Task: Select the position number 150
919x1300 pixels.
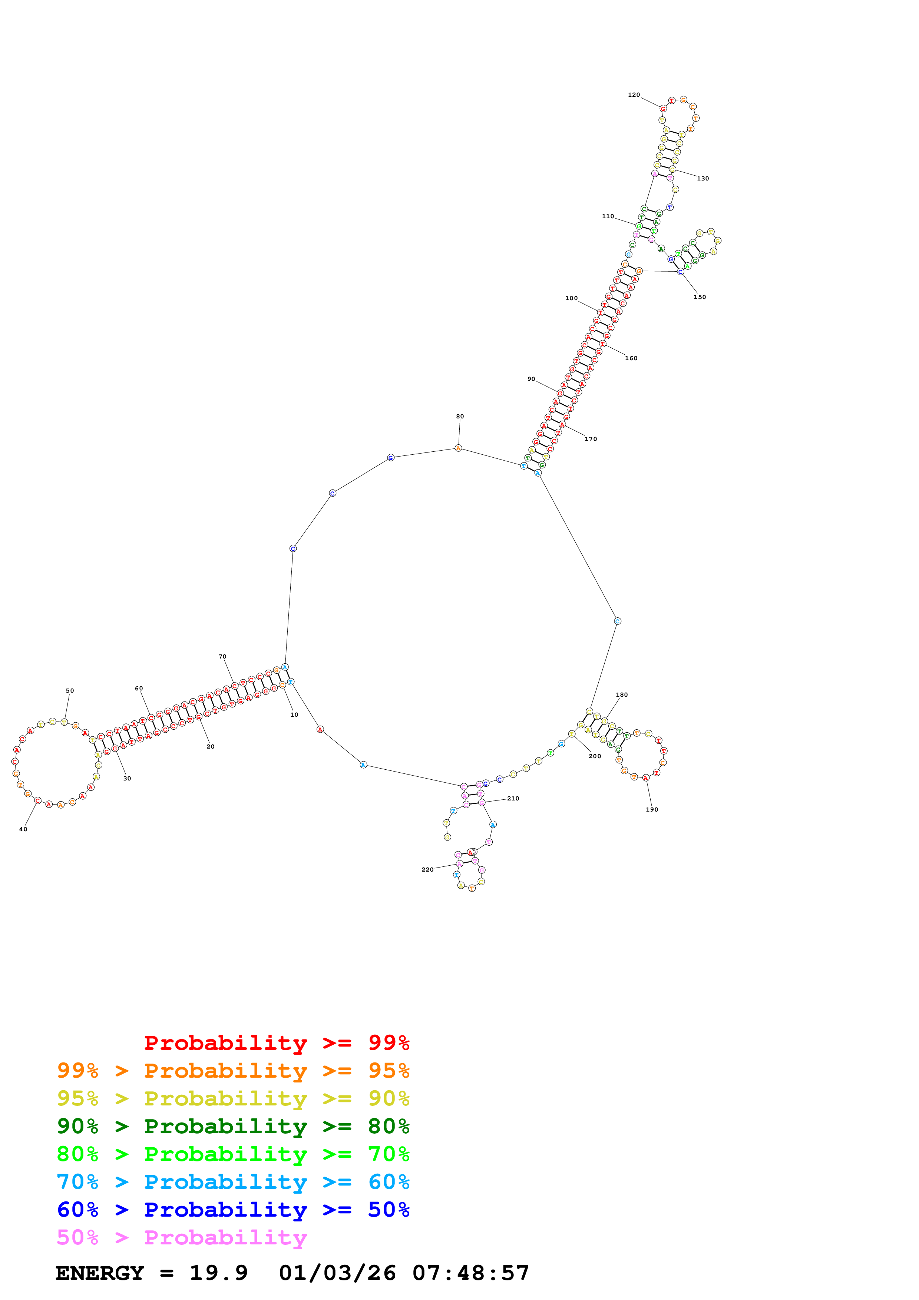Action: [x=700, y=297]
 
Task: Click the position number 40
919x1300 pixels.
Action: [x=23, y=829]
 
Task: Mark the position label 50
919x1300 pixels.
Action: [x=70, y=691]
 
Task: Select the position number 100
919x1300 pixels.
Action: [x=571, y=298]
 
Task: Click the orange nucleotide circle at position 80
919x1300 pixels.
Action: [x=459, y=448]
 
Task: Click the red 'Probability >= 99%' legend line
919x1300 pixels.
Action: [x=276, y=1043]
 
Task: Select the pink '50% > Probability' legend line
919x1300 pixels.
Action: [x=182, y=1238]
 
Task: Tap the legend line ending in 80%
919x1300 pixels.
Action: [x=233, y=1126]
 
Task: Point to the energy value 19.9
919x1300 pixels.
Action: [x=219, y=1273]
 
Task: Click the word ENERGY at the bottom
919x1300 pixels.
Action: [x=100, y=1273]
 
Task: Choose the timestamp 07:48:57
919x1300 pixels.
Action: [x=470, y=1273]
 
